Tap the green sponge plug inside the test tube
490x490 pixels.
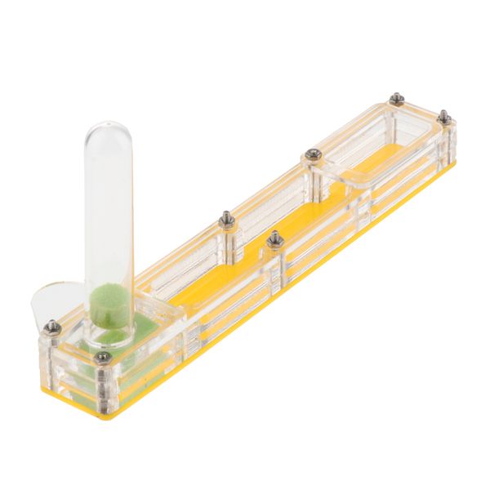coord(106,298)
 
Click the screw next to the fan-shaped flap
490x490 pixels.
coord(53,327)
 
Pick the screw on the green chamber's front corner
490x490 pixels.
coord(102,357)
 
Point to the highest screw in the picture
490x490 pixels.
coord(396,99)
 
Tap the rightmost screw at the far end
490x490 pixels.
coord(444,117)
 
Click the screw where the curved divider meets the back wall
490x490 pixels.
coord(311,154)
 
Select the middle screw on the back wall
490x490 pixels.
coord(227,219)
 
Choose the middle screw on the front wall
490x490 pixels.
coord(275,238)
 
